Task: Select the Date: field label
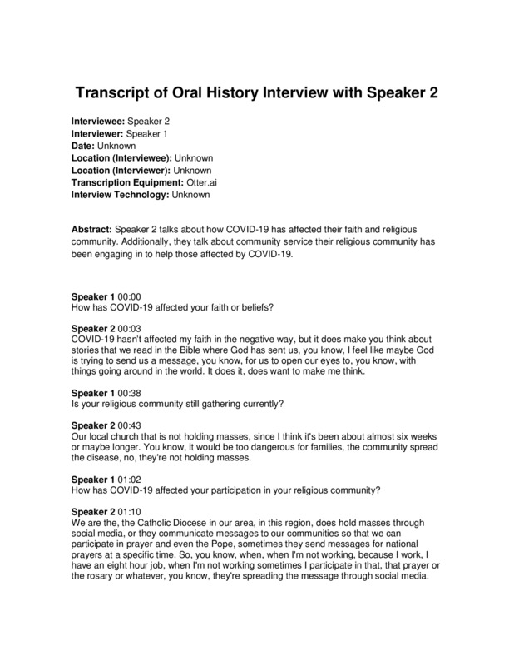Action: click(x=83, y=146)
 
